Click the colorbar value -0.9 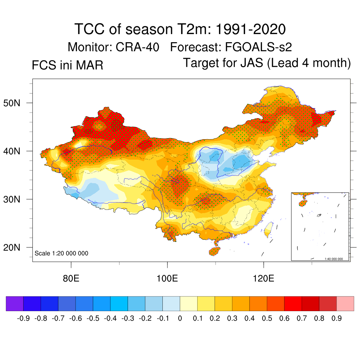[23, 319]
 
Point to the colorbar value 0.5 [267, 319]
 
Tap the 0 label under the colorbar [180, 319]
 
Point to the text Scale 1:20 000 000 [62, 253]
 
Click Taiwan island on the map [268, 229]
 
